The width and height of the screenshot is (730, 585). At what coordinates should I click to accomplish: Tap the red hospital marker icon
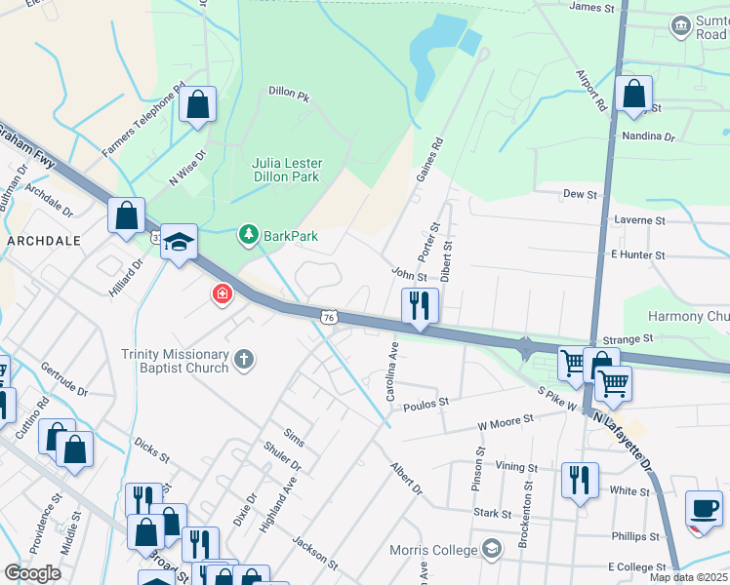click(x=223, y=292)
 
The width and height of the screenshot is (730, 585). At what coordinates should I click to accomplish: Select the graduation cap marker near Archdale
click(x=180, y=242)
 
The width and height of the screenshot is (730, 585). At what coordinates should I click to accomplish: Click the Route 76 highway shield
click(x=330, y=317)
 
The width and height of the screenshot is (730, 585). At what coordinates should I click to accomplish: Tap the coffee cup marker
click(x=705, y=508)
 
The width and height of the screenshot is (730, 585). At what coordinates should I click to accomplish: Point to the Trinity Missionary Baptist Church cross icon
click(x=244, y=361)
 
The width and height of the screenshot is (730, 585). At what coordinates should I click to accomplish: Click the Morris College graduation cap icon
click(x=490, y=550)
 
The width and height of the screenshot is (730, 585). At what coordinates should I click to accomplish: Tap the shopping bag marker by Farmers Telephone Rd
click(x=198, y=104)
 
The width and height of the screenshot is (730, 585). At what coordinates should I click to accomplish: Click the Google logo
click(x=32, y=573)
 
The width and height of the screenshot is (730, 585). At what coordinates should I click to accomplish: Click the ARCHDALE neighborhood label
click(x=43, y=239)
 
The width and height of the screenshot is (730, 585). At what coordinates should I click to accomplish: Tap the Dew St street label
click(x=580, y=194)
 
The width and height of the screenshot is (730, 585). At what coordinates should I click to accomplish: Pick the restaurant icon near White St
click(x=580, y=480)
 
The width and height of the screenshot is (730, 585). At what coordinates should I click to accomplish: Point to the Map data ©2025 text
click(x=687, y=577)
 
